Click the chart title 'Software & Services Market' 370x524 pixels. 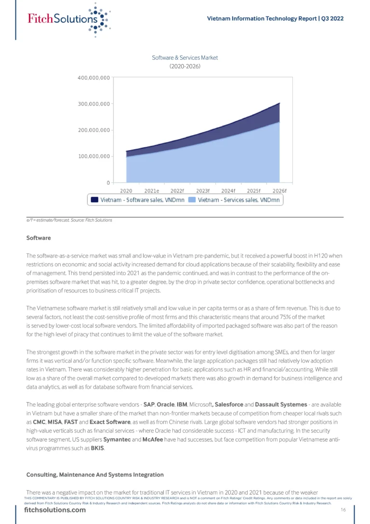pos(185,58)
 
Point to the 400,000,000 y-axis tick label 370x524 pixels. pos(93,78)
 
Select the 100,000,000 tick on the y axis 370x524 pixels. pos(93,156)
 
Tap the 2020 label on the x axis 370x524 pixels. pos(126,191)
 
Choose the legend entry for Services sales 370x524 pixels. pos(235,200)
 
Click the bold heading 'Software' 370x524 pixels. pos(39,238)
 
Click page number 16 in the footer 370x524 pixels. pos(344,510)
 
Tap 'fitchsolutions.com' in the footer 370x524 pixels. pos(55,510)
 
